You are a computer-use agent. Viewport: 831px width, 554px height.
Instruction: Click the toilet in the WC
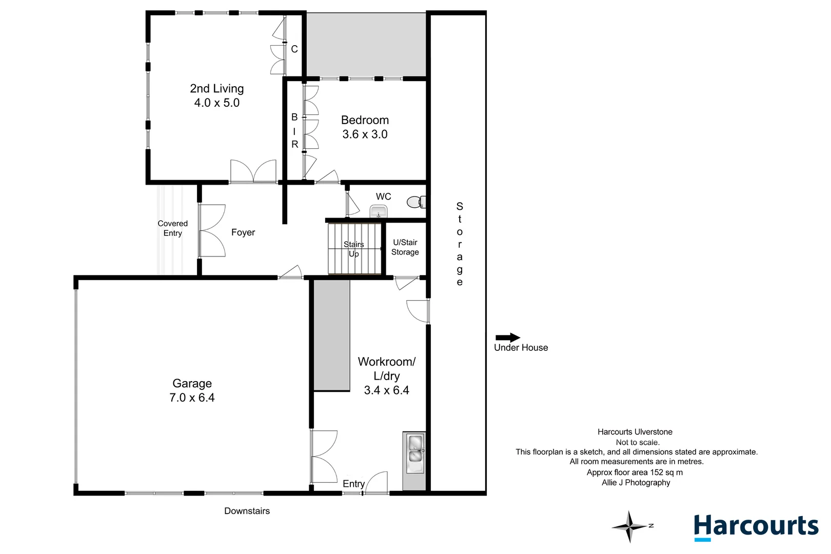click(416, 202)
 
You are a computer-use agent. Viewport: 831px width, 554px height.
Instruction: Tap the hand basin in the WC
click(379, 211)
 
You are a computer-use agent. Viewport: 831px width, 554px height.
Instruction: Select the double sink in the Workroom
click(415, 453)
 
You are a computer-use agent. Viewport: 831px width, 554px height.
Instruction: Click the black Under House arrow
click(508, 338)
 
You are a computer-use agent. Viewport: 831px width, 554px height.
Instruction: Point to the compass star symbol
click(629, 526)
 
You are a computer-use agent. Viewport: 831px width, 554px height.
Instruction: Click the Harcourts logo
click(756, 527)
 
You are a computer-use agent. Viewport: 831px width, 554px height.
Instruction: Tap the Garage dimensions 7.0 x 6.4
click(192, 398)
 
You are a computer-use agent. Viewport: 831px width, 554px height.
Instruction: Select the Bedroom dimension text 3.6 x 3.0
click(365, 134)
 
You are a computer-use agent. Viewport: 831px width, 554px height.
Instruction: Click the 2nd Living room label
click(217, 89)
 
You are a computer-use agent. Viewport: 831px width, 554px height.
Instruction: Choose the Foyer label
click(243, 232)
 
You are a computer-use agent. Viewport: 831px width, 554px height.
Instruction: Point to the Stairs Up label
click(353, 249)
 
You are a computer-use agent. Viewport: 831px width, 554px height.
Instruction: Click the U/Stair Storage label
click(405, 247)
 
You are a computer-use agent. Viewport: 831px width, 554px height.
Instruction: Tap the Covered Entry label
click(172, 228)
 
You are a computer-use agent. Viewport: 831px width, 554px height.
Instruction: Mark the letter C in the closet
click(294, 49)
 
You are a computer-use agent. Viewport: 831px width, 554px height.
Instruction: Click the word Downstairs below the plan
click(247, 511)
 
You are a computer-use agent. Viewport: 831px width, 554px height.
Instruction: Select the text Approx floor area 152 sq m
click(635, 472)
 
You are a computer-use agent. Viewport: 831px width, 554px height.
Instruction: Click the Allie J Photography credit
click(636, 483)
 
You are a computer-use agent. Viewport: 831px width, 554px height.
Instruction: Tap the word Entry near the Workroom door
click(353, 484)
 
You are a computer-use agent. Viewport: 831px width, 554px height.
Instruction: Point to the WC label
click(383, 196)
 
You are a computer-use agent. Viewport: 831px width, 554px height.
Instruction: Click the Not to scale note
click(637, 442)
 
